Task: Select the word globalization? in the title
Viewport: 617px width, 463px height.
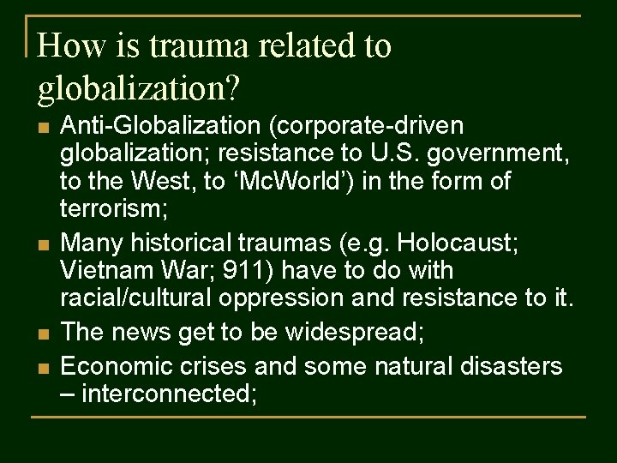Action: click(140, 87)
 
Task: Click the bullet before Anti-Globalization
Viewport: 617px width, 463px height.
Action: click(42, 128)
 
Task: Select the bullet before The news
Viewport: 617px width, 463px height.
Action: click(42, 332)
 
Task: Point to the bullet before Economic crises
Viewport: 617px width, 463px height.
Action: click(42, 368)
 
